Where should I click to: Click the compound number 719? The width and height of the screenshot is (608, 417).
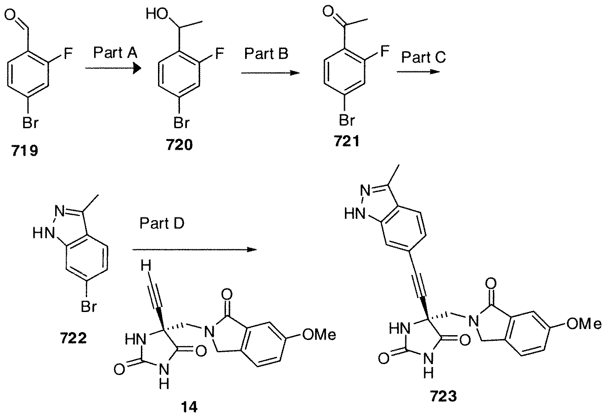(x=25, y=151)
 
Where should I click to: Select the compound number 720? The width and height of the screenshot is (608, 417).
(x=179, y=144)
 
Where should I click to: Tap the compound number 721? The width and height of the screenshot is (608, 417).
(x=347, y=141)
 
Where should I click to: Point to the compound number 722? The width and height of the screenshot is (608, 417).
(x=73, y=338)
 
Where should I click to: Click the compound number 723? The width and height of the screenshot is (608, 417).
(x=443, y=396)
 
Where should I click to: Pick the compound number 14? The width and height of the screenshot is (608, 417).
(x=189, y=407)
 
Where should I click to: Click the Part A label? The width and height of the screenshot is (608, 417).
(x=116, y=53)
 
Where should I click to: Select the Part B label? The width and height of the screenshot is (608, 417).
(x=266, y=53)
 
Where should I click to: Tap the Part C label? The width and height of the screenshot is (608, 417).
(x=423, y=57)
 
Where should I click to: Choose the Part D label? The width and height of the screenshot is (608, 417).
(x=162, y=223)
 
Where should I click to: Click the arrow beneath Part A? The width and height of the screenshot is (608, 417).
(x=113, y=68)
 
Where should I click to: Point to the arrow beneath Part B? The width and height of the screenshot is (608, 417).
(x=271, y=73)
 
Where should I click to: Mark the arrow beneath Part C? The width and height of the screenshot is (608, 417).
(x=418, y=72)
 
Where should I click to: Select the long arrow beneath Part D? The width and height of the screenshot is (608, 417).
(x=194, y=249)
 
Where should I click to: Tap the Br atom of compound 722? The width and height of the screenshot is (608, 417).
(x=89, y=307)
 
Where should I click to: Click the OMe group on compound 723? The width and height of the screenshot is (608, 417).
(x=583, y=324)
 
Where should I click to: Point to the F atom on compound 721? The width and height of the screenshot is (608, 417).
(x=385, y=51)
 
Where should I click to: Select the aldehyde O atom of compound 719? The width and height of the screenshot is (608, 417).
(x=10, y=15)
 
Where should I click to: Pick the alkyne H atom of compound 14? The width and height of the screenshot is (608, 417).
(x=146, y=265)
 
